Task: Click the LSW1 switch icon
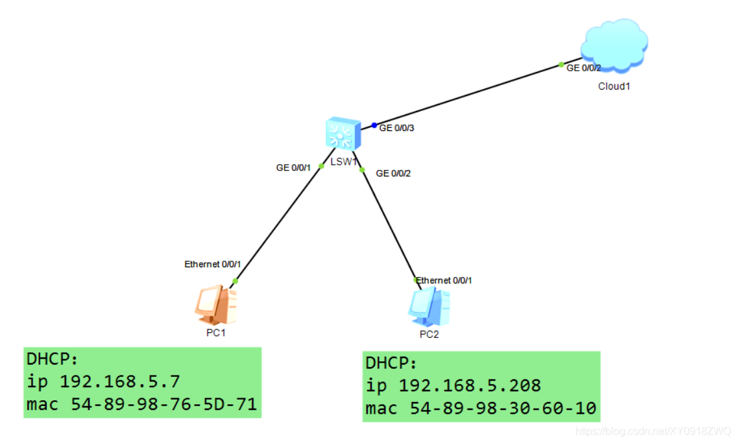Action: pos(343,134)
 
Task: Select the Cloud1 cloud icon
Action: pos(614,43)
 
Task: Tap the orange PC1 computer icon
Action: pos(215,305)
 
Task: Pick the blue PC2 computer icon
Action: pos(429,307)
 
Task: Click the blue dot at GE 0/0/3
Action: pos(374,125)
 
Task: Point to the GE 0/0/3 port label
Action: pos(397,128)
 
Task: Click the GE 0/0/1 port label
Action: pos(294,167)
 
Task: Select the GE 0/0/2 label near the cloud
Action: pos(584,68)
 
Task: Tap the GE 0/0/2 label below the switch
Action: pos(394,173)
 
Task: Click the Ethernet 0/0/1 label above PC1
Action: pos(213,264)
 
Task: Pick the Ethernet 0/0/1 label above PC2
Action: pos(444,280)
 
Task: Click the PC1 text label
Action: pos(215,333)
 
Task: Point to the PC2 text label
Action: pos(429,335)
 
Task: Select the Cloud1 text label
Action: pos(614,86)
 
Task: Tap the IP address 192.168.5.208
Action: pos(470,385)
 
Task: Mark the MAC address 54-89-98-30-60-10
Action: pos(503,409)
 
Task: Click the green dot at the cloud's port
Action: pos(561,64)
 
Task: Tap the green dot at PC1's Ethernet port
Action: pos(235,281)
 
